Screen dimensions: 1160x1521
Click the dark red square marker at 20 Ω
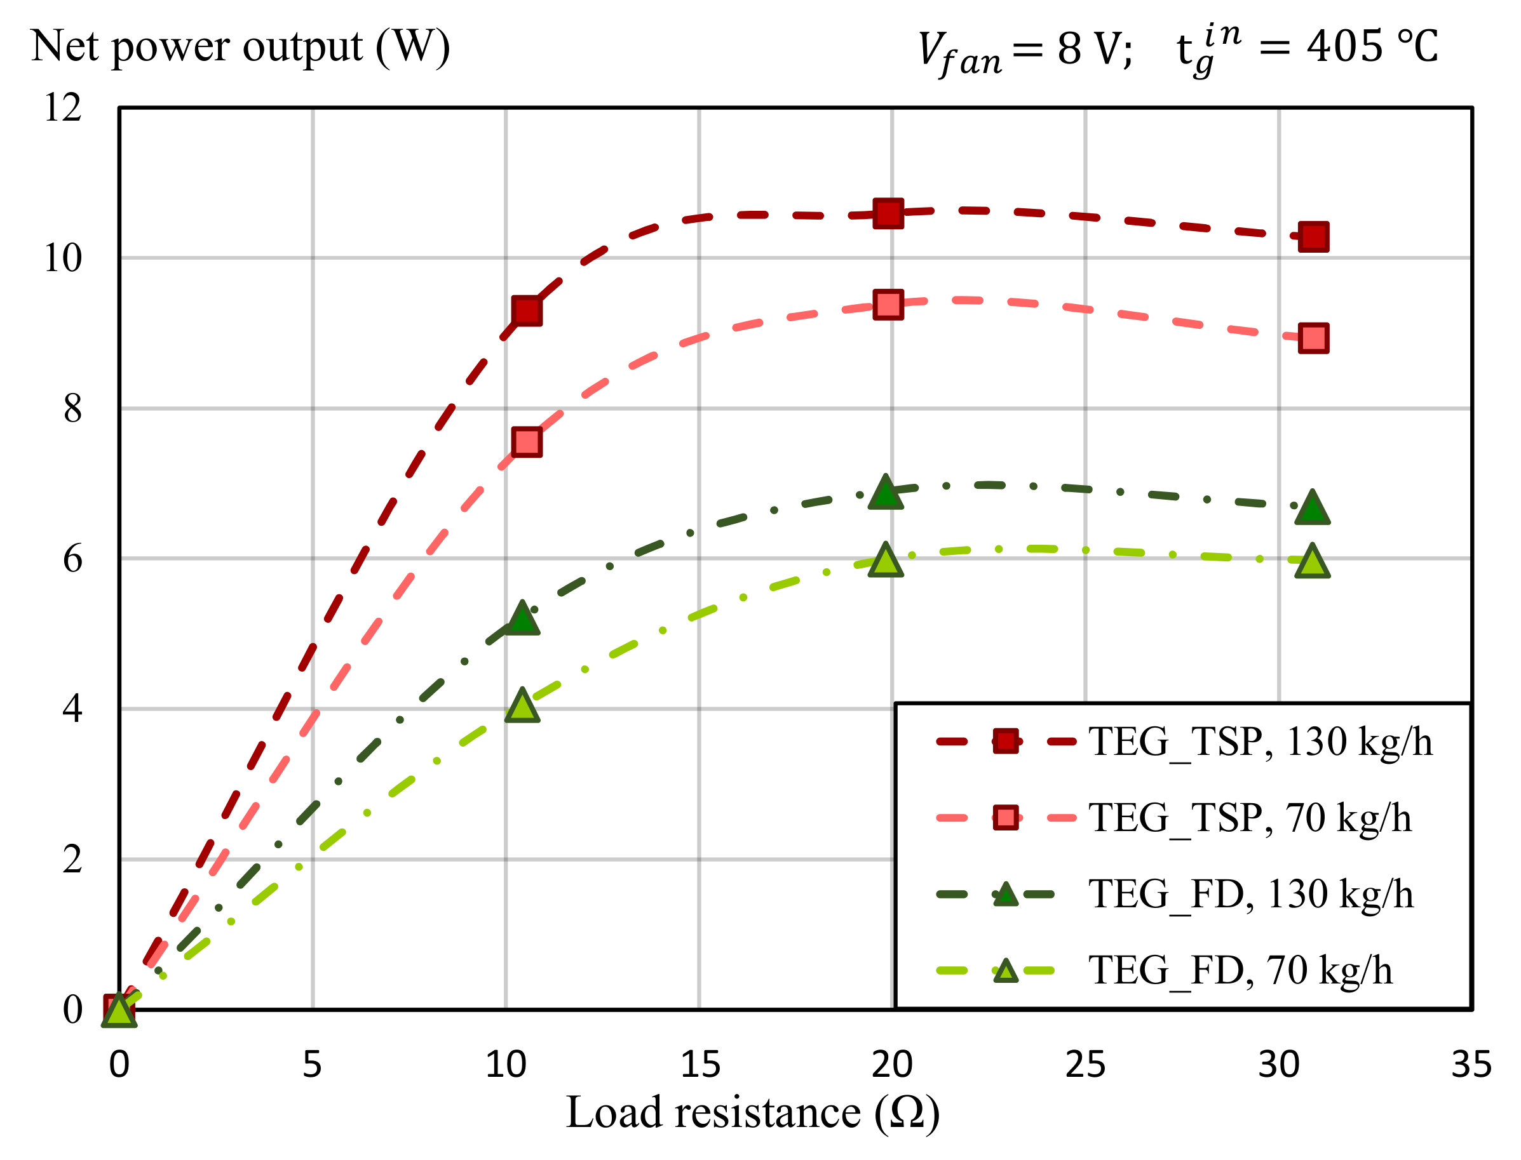point(888,213)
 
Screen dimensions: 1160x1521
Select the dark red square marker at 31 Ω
point(1313,237)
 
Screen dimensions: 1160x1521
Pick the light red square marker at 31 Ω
point(1313,338)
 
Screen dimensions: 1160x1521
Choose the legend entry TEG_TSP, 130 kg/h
point(1261,742)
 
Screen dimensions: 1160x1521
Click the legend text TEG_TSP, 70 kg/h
point(1250,818)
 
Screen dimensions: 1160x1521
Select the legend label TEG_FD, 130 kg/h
point(1251,894)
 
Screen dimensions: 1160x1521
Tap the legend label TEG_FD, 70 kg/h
point(1241,970)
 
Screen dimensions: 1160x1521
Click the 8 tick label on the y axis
point(72,408)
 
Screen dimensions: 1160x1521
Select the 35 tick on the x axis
point(1471,1065)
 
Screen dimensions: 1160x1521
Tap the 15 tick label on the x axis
point(699,1065)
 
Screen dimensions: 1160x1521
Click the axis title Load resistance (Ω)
point(753,1113)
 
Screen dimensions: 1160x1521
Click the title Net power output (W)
point(240,46)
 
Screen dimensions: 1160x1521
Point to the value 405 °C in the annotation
point(1372,47)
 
